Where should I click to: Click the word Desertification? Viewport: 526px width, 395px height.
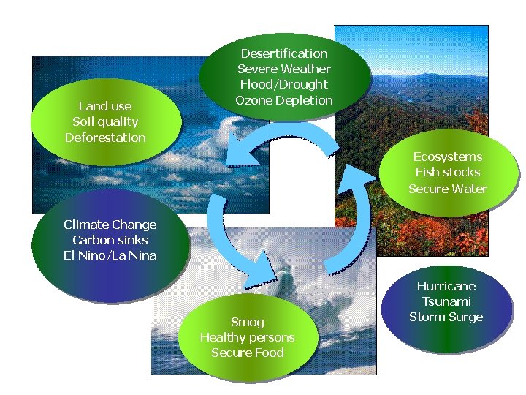284,53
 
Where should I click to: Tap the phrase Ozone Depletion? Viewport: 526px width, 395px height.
284,100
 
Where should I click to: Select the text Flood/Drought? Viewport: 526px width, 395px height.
284,84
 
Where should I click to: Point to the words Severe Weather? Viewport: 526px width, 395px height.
284,69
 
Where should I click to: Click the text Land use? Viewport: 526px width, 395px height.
105,106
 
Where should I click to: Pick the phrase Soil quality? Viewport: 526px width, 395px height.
105,121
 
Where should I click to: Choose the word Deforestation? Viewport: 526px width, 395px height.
105,138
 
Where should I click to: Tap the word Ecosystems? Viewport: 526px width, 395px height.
448,157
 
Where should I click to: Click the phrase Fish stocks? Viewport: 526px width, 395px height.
448,172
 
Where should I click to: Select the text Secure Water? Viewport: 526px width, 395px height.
448,189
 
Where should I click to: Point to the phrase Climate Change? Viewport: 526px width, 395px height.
110,225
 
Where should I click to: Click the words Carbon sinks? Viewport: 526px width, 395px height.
110,240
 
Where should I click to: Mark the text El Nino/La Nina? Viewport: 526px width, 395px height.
110,255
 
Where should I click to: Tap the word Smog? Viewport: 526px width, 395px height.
248,322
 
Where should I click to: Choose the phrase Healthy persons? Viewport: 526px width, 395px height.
248,337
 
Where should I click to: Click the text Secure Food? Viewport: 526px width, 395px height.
248,353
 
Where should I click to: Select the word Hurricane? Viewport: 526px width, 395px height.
446,286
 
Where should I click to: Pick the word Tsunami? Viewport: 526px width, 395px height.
446,301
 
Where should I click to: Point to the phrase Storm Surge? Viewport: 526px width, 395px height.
446,317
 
